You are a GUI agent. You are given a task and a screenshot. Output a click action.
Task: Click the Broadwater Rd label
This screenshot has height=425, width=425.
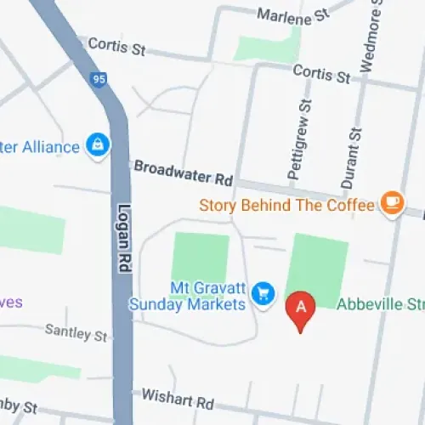(183, 173)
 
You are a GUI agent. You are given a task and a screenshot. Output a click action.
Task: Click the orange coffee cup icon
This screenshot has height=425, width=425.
(392, 202)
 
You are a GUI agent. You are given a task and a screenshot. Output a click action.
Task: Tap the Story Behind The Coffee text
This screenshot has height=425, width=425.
(286, 205)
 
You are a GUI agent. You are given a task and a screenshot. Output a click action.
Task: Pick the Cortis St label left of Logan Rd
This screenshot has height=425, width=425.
(116, 45)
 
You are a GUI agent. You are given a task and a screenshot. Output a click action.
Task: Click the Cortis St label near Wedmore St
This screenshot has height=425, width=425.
(321, 74)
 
